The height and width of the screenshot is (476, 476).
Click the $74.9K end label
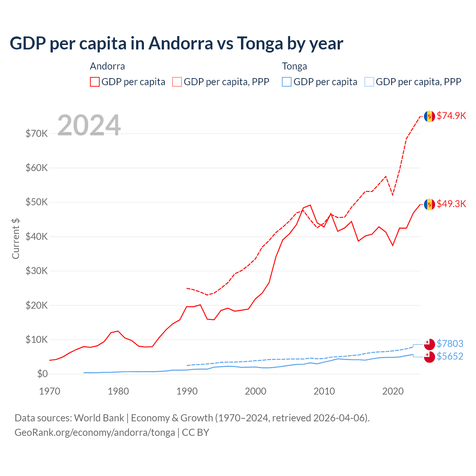click(451, 116)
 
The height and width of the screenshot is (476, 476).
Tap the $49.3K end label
click(451, 204)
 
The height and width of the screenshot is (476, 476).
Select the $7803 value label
click(450, 344)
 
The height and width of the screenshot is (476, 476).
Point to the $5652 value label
click(450, 356)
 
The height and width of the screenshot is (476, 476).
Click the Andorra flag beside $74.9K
click(430, 116)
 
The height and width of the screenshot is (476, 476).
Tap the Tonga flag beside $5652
click(430, 357)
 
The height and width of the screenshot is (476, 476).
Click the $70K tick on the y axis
click(36, 134)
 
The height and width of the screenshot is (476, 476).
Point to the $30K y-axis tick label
click(36, 271)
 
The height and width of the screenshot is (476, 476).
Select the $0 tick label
click(42, 374)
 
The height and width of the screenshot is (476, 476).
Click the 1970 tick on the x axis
click(49, 391)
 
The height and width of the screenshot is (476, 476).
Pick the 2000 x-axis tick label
click(255, 391)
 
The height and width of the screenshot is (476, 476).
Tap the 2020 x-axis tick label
click(393, 391)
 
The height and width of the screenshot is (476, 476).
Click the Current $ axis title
click(16, 238)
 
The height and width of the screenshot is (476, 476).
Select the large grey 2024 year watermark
click(89, 125)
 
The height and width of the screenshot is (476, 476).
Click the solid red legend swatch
click(95, 82)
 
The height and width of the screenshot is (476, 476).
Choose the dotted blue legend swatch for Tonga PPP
click(369, 82)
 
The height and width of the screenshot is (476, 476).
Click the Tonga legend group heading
click(295, 66)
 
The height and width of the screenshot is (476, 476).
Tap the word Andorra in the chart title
click(181, 43)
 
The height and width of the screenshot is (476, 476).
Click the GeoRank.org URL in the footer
click(95, 432)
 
